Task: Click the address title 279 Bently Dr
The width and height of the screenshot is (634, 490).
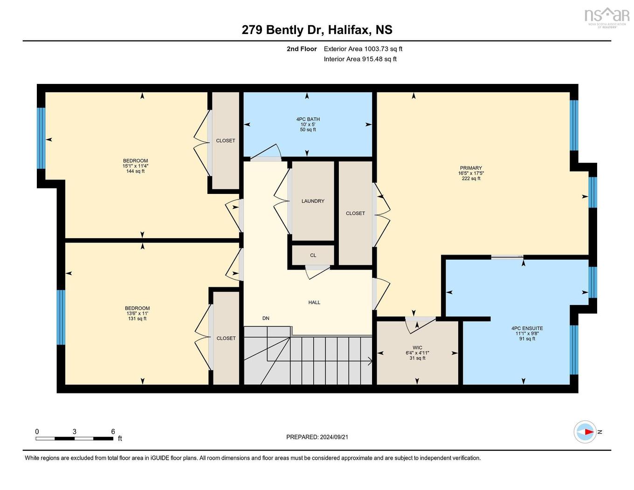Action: [317, 30]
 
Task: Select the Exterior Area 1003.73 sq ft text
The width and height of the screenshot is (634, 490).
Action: [363, 48]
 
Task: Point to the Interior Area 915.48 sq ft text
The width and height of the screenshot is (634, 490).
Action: [360, 59]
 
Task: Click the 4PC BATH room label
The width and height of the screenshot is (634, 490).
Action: [308, 119]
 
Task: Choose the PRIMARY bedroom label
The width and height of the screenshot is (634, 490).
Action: [471, 168]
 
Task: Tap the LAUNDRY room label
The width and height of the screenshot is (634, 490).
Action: [313, 201]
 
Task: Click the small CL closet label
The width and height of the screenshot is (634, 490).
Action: [313, 255]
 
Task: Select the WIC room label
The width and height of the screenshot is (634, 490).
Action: [417, 348]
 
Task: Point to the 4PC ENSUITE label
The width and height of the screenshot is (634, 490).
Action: [527, 328]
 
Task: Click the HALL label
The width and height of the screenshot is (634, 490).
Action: [314, 303]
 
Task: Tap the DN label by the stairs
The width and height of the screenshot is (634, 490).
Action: [266, 318]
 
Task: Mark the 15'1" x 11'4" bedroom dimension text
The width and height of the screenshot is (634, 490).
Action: [135, 166]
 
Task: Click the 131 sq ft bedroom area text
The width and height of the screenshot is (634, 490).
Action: [137, 318]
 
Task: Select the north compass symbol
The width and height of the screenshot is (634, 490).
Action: [585, 432]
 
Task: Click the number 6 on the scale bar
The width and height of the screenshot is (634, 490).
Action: [113, 432]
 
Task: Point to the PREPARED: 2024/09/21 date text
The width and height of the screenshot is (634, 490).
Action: [317, 437]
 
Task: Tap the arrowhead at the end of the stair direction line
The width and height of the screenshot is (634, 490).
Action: [370, 360]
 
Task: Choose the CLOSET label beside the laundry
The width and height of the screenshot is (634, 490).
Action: [355, 213]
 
